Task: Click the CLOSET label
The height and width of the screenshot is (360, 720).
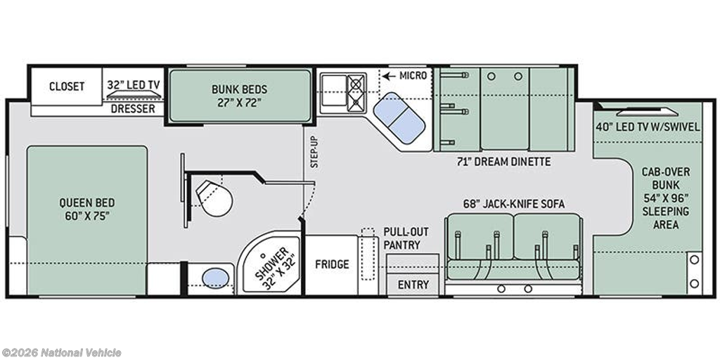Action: tap(67, 86)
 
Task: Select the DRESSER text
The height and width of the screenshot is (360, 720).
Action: tap(133, 109)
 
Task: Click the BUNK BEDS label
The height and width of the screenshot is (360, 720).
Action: tap(239, 89)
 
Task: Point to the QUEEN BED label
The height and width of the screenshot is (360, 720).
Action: tap(86, 202)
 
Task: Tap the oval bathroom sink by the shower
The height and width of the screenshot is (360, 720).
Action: tap(215, 278)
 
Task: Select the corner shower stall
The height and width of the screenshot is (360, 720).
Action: tap(271, 264)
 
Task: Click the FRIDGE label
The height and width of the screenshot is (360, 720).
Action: tap(332, 264)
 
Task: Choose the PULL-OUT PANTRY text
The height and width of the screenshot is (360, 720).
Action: tap(401, 238)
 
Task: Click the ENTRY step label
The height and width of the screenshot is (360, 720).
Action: tap(413, 285)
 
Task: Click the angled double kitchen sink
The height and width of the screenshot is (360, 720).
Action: tap(399, 117)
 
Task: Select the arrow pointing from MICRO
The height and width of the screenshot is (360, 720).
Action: tap(389, 76)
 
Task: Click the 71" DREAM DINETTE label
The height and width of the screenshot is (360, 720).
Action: tap(503, 162)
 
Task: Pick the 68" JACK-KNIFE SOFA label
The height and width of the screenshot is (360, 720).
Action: tap(513, 204)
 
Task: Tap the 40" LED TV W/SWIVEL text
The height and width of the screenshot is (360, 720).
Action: tap(648, 127)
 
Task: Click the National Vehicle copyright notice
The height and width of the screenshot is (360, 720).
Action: tap(61, 353)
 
